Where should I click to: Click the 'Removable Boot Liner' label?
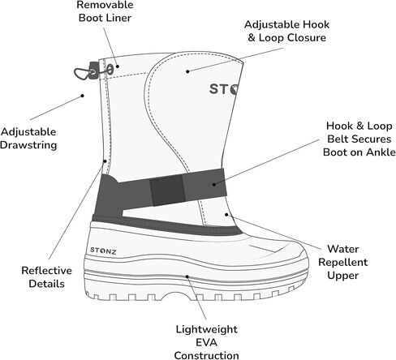point(105,11)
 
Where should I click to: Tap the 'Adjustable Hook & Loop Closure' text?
point(286,31)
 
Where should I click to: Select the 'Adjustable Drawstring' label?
point(28,139)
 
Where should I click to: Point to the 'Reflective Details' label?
point(46,277)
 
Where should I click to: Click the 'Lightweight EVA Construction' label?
point(206,342)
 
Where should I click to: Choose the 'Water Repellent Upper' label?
point(342,262)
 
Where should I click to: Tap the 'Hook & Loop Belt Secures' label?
point(359,132)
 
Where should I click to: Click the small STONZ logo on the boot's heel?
point(103,251)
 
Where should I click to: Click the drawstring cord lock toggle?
point(93,71)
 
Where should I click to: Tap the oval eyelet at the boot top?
point(110,69)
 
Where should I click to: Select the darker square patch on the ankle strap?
point(168,191)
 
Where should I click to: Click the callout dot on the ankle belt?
point(214,185)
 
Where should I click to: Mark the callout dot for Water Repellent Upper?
point(226,215)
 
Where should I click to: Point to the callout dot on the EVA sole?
point(187,276)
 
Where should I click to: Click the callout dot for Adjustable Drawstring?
point(83,96)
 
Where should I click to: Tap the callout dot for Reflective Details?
point(105,161)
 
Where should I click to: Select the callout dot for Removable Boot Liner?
point(118,66)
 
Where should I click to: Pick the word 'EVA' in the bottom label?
point(206,342)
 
